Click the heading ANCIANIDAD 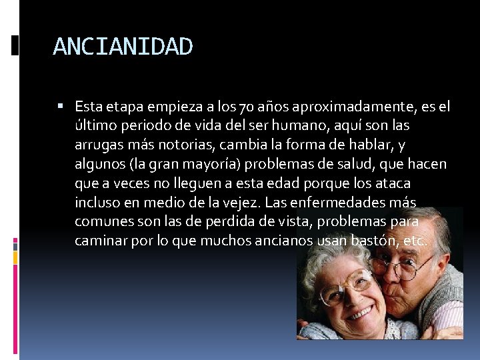pos(123,47)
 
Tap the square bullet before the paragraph pos(60,106)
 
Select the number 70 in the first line pos(246,107)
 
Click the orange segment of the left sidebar pos(15,257)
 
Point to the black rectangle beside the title pos(15,45)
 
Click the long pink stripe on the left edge pos(15,309)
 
